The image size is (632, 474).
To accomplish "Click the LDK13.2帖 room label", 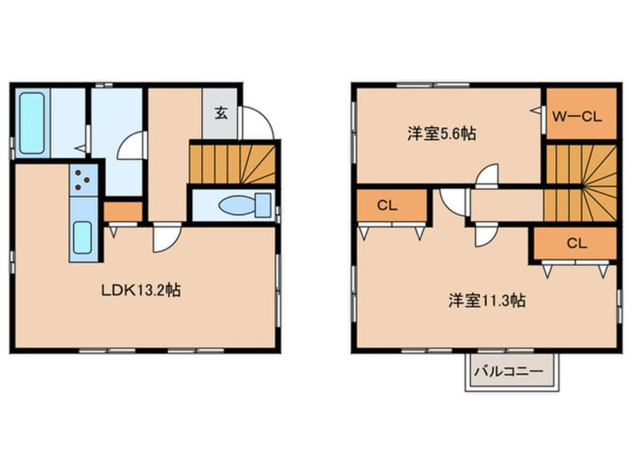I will [140, 289].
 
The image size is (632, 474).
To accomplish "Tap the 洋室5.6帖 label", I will [442, 134].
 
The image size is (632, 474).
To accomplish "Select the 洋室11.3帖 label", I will [486, 301].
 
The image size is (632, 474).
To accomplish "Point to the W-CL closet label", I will [577, 116].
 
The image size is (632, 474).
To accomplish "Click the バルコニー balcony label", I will [512, 370].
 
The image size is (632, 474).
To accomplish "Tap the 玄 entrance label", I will [221, 114].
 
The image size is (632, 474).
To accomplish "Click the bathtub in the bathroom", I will [31, 123].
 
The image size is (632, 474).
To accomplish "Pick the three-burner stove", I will [84, 179].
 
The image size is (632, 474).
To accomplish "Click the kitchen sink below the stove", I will [82, 238].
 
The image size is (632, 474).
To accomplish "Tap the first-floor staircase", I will [232, 164].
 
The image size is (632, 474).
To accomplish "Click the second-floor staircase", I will [580, 181].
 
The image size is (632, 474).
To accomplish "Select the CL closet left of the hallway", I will [391, 207].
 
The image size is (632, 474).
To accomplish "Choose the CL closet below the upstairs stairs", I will [574, 243].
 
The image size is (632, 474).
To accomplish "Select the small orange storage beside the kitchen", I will [123, 212].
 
